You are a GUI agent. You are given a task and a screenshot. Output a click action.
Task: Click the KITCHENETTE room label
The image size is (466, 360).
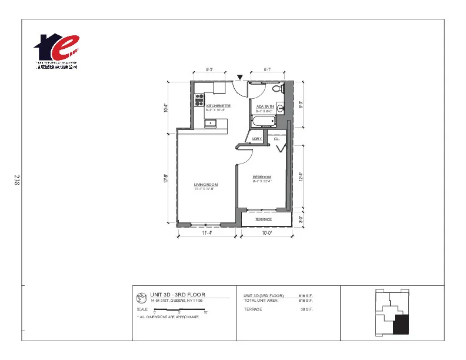coord(210,106)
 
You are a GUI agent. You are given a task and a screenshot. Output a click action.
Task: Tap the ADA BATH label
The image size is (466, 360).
coord(265,106)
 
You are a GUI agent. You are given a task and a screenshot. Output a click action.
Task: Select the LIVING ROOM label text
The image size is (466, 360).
coord(206,185)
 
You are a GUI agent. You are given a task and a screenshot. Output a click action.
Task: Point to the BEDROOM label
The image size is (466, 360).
coord(262,177)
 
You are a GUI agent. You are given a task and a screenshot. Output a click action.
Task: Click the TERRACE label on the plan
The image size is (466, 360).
coord(263,219)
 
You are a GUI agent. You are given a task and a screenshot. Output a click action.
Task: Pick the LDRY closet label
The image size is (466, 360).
coord(257,139)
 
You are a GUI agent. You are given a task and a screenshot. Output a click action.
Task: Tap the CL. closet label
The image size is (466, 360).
coord(276,139)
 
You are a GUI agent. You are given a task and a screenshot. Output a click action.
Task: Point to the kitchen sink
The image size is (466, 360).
coord(211,123)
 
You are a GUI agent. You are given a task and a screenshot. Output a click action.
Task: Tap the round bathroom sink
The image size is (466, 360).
coord(281,108)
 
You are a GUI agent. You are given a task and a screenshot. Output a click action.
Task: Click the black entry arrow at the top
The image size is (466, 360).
coord(240,76)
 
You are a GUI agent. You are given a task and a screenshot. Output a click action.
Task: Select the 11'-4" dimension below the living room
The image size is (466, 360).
coord(206,233)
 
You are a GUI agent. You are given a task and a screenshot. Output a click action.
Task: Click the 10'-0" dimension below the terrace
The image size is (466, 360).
coord(267,233)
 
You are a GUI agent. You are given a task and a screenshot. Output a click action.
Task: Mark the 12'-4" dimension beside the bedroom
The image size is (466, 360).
coord(301,176)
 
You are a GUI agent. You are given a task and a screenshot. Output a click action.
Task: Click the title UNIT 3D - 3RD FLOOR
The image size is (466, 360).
coord(177,294)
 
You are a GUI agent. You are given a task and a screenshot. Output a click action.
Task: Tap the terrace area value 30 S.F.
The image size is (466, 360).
coord(306,309)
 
